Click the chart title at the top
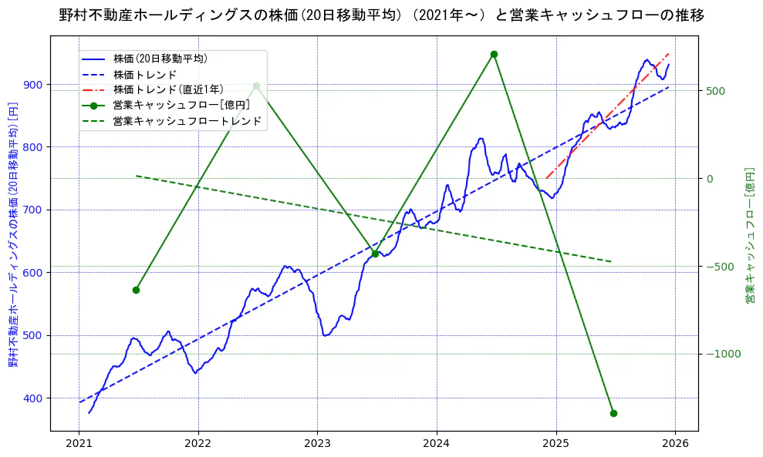pos(381,15)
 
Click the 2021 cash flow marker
pos(136,290)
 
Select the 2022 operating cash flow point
pos(256,86)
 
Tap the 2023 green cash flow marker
pos(375,254)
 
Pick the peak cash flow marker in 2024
pos(494,54)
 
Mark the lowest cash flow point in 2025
pos(613,413)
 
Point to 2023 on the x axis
pos(317,443)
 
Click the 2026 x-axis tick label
pos(675,443)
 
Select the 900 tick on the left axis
pos(33,84)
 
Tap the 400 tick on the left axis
pos(33,398)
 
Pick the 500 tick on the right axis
pos(716,90)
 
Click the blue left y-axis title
pos(13,235)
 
